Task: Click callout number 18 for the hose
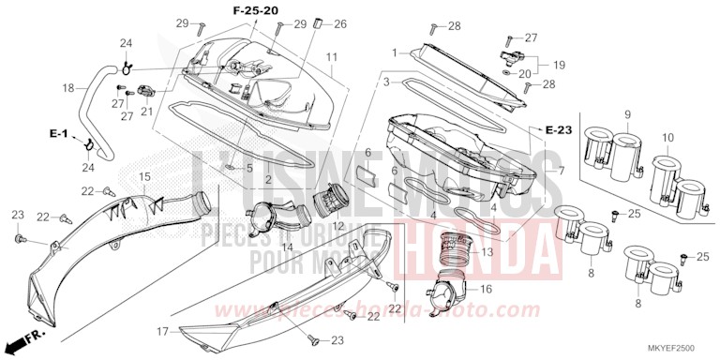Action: [x=67, y=88]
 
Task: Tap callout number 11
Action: [x=332, y=58]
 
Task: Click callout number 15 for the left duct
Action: [x=144, y=177]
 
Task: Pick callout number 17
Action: [x=162, y=331]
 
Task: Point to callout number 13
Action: [x=487, y=252]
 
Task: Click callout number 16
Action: [x=487, y=290]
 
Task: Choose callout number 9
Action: [x=626, y=114]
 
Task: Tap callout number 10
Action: [x=667, y=138]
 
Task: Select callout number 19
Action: [x=559, y=65]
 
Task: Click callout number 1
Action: [x=396, y=52]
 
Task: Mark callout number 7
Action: [x=561, y=172]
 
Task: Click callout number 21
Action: [x=146, y=112]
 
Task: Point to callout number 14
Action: [x=287, y=247]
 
